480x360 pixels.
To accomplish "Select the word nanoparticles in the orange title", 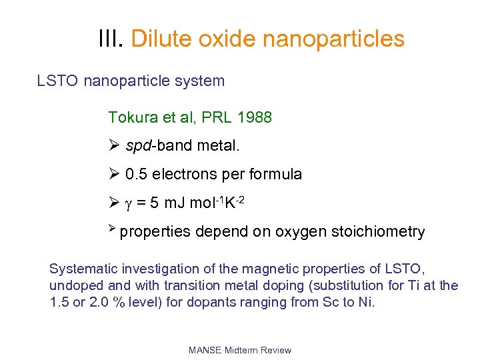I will pyautogui.click(x=333, y=39).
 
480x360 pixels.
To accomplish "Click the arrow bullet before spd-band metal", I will pyautogui.click(x=113, y=145).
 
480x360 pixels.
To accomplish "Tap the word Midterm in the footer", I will pyautogui.click(x=241, y=350).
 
